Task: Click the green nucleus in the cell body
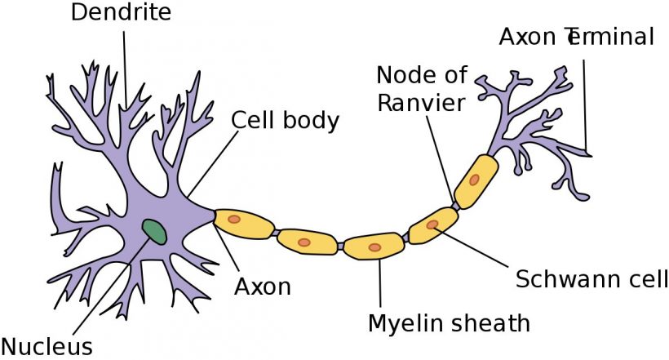pyautogui.click(x=154, y=232)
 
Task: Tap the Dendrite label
pyautogui.click(x=121, y=12)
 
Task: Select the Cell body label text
pyautogui.click(x=285, y=121)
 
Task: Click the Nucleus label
pyautogui.click(x=47, y=345)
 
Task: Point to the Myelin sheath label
pyautogui.click(x=449, y=323)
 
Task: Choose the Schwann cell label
pyautogui.click(x=591, y=279)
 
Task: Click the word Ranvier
pyautogui.click(x=421, y=103)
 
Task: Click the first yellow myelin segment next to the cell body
pyautogui.click(x=244, y=223)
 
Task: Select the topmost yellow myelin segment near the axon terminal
pyautogui.click(x=476, y=181)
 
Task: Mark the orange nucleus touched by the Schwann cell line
pyautogui.click(x=432, y=224)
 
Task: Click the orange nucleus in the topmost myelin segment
pyautogui.click(x=474, y=180)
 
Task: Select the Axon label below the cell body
pyautogui.click(x=263, y=287)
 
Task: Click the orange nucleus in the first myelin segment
pyautogui.click(x=234, y=219)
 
